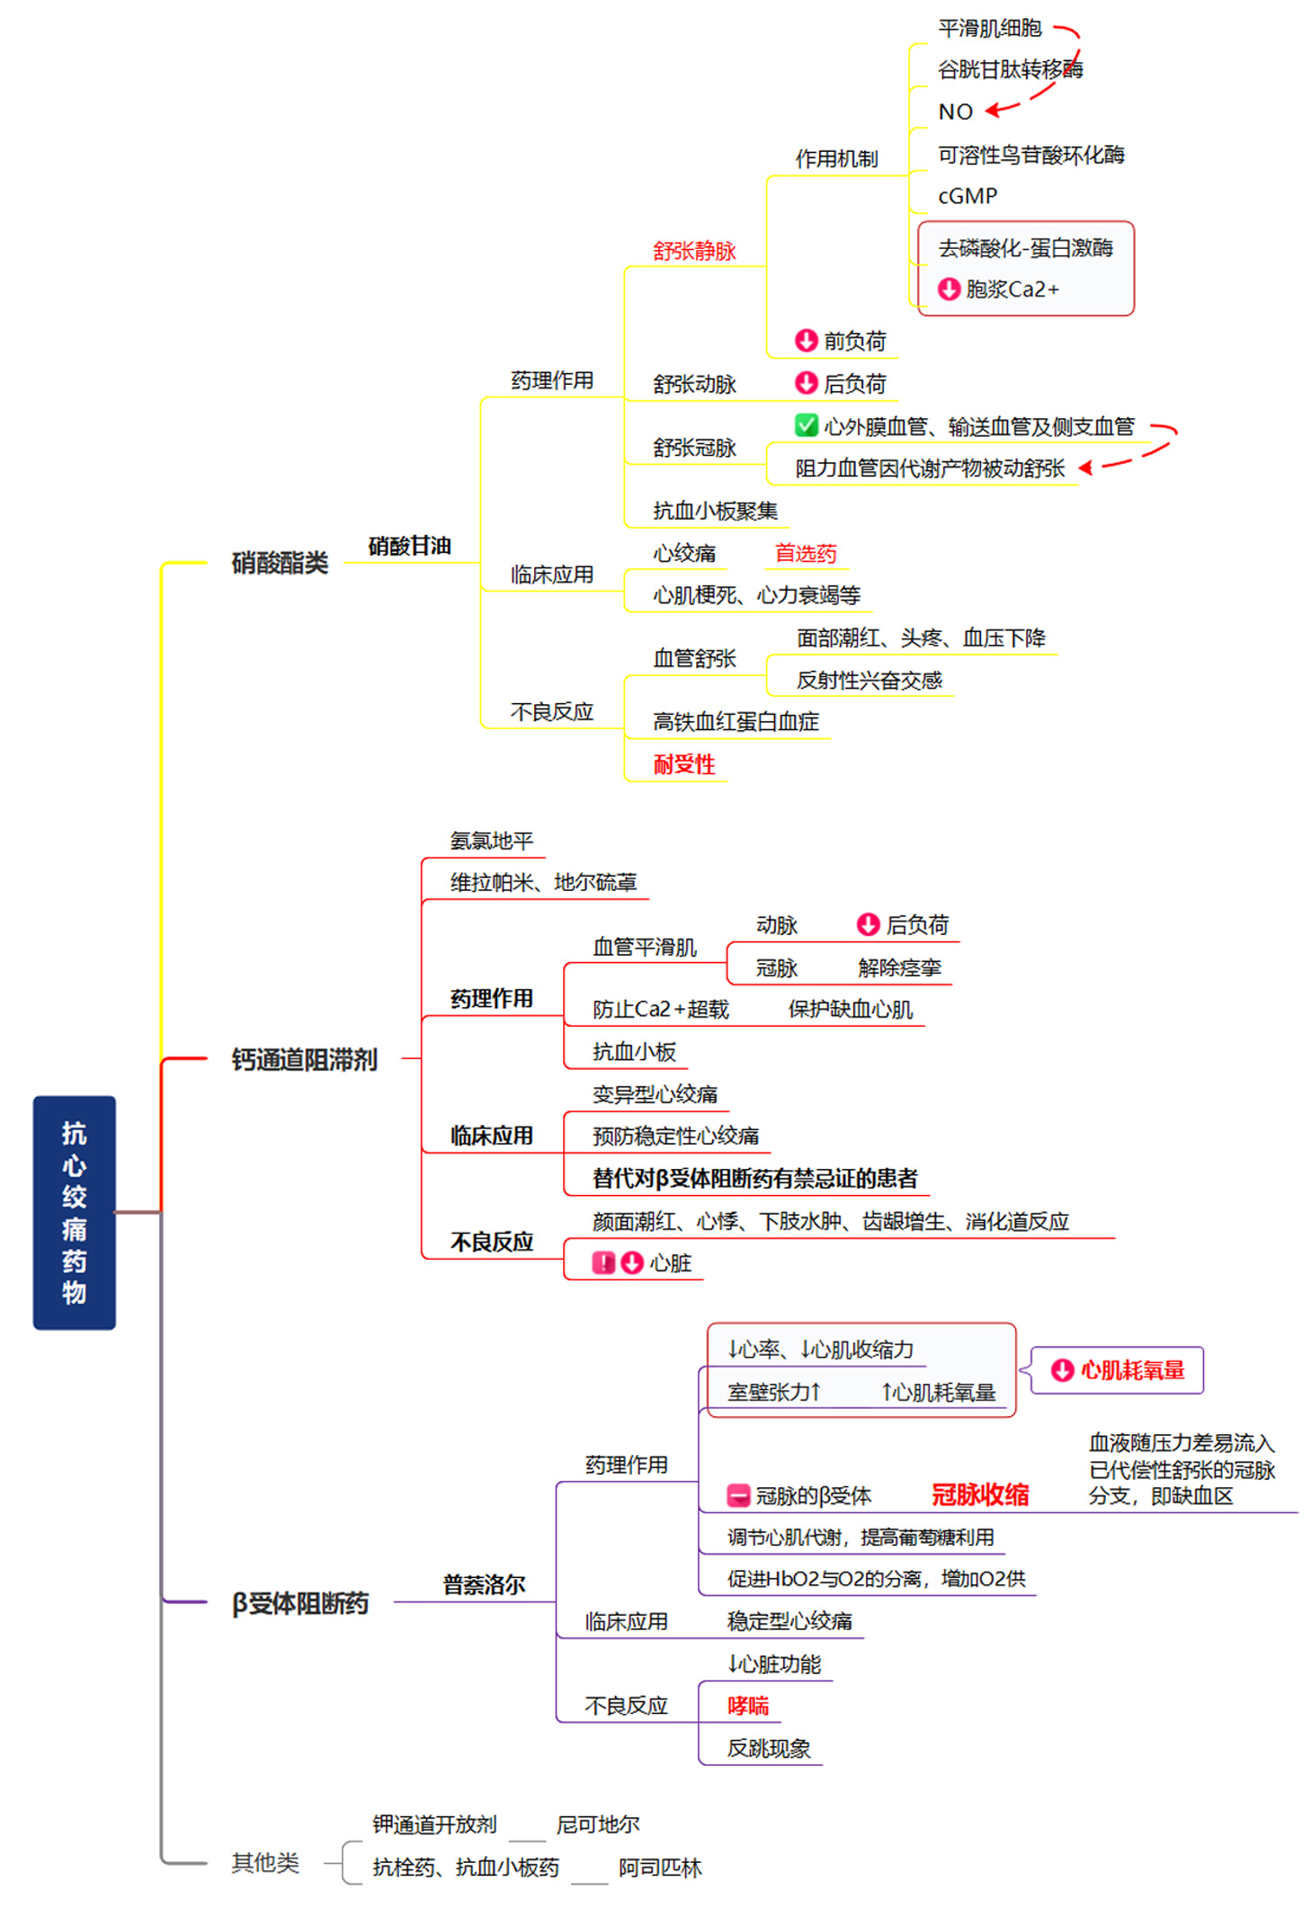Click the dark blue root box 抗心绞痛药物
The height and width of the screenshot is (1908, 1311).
click(74, 1211)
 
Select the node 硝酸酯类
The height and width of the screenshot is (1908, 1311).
click(280, 563)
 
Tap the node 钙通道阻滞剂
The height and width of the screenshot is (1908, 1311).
click(304, 1059)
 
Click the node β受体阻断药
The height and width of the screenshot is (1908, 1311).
click(300, 1602)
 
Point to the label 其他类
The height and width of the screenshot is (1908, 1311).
click(265, 1862)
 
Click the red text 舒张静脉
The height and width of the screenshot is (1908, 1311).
click(694, 251)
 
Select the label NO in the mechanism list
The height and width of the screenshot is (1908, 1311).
click(955, 111)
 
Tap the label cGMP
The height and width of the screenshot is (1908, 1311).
click(968, 196)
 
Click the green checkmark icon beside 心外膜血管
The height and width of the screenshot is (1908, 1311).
click(806, 425)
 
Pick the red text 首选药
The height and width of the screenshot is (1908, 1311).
click(806, 553)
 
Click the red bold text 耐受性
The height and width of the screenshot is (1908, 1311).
click(684, 764)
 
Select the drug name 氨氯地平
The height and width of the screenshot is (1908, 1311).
click(492, 841)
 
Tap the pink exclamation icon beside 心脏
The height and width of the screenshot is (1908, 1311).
click(602, 1262)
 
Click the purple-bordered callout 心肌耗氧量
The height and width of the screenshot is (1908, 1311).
click(1117, 1369)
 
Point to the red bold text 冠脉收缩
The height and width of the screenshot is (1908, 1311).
click(980, 1494)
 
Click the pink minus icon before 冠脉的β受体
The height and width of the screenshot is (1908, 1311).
click(738, 1495)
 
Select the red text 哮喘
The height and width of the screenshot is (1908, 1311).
click(748, 1706)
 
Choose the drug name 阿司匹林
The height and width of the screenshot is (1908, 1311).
click(660, 1868)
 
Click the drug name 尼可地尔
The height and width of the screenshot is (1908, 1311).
click(598, 1824)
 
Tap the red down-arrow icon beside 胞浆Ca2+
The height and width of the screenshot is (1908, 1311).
click(949, 289)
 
